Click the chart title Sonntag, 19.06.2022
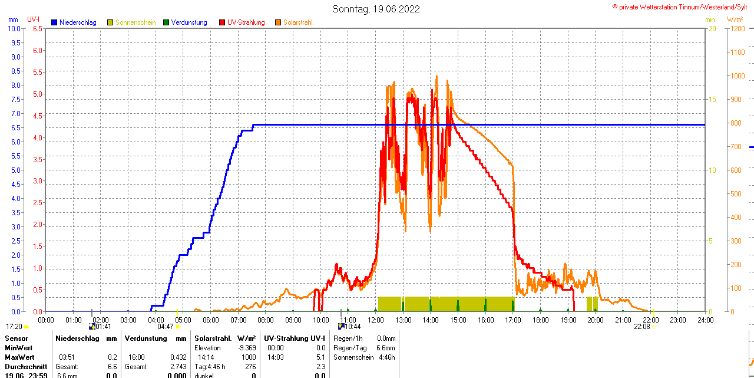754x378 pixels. (376, 9)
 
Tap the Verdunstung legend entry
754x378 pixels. (189, 22)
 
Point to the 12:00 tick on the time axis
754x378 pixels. (376, 320)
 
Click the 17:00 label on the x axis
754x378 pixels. (513, 320)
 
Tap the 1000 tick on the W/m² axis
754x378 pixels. (736, 75)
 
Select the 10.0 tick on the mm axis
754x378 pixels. (16, 28)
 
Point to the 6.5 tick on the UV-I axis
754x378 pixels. (38, 28)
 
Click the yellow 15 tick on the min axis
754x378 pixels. (711, 99)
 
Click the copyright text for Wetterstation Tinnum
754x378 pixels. (682, 6)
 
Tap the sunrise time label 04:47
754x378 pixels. (166, 326)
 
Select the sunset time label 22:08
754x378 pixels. (642, 326)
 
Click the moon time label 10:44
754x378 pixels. (353, 326)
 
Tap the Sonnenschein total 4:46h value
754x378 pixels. (386, 357)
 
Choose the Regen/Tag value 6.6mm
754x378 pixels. (386, 348)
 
